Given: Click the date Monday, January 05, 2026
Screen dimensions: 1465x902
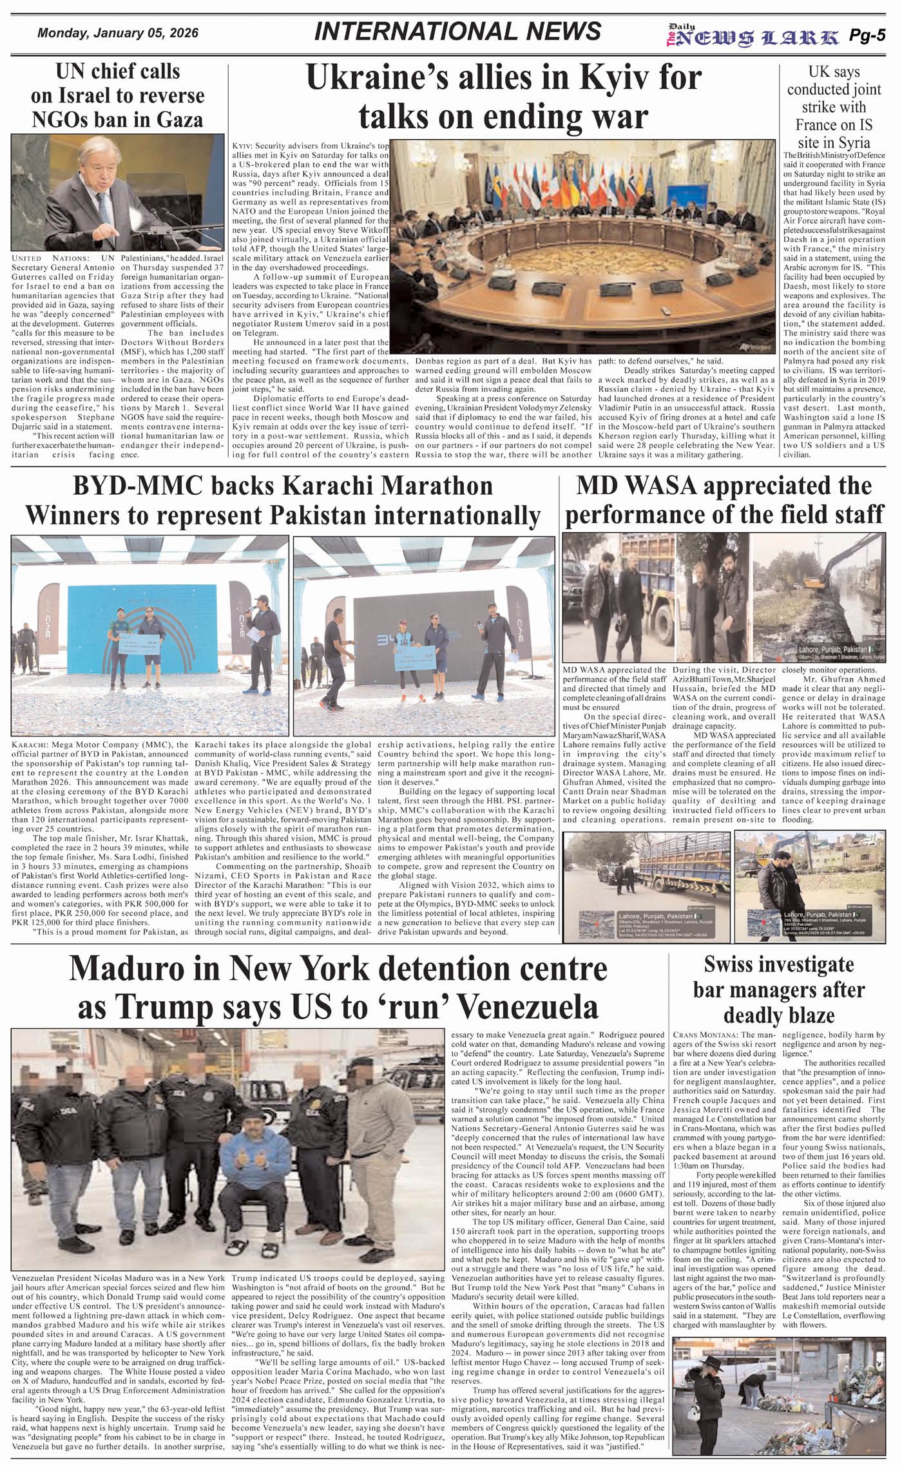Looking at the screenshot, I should click(x=118, y=34).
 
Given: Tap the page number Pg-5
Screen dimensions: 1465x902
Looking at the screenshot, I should click(x=867, y=35).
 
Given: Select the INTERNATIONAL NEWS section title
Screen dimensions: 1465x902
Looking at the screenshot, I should click(x=457, y=32).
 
